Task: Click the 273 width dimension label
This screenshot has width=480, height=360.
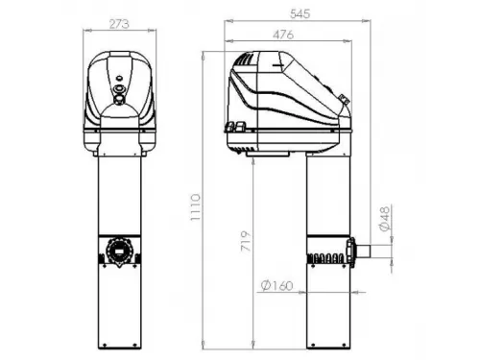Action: coord(119,24)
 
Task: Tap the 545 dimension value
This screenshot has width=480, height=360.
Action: coord(300,13)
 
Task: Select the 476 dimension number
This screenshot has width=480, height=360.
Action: coord(283,35)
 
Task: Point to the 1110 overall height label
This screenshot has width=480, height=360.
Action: coord(196,206)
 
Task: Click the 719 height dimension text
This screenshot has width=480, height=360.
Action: coord(246,241)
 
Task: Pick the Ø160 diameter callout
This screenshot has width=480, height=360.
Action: coord(276,285)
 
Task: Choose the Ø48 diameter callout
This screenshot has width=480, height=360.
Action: coord(385,219)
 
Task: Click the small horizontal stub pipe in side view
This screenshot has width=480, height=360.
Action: coord(363,251)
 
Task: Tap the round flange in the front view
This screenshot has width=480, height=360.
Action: coord(119,251)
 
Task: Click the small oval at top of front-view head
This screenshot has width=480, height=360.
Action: coord(119,77)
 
